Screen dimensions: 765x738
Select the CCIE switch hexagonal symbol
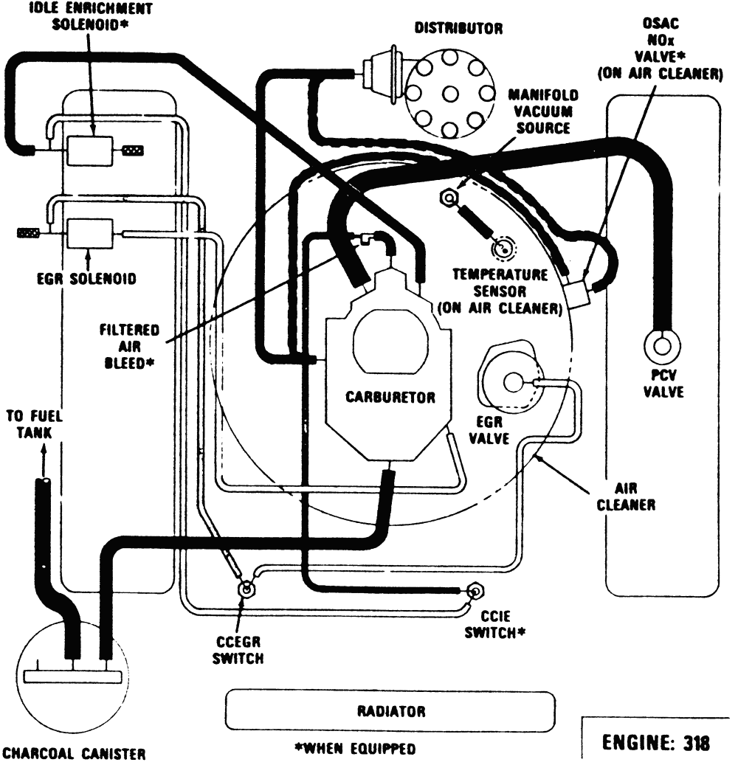(475, 590)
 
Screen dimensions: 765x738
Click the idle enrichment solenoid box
(90, 150)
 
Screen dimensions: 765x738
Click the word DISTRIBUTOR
(458, 30)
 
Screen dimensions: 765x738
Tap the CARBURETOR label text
(390, 397)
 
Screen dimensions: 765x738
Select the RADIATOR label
(390, 712)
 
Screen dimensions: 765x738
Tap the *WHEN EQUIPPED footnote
(355, 750)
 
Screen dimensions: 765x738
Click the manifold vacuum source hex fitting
(447, 197)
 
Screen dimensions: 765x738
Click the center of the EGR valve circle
(512, 382)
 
